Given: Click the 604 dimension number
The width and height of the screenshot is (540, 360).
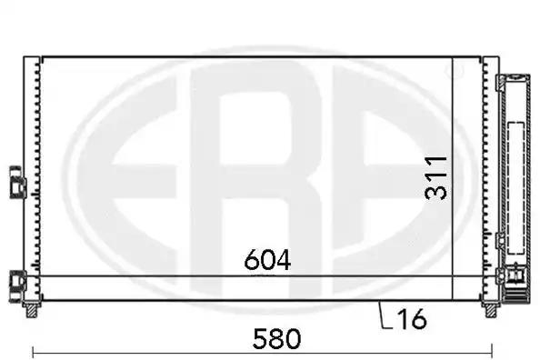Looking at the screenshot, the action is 267,260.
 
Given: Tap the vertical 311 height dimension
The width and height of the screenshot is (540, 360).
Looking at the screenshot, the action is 435,178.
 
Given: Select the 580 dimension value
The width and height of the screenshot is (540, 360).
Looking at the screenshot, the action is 277,339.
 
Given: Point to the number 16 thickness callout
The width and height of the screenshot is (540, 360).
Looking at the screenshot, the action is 412,319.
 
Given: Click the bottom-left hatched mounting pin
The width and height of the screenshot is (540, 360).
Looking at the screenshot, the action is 32,309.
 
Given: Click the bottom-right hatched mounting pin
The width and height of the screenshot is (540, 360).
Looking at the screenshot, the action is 491,309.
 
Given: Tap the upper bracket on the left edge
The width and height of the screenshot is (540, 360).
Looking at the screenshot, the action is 17,182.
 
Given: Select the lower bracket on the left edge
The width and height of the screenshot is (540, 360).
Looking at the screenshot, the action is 17,286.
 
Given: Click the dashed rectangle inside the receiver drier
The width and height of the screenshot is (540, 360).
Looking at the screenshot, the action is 515,188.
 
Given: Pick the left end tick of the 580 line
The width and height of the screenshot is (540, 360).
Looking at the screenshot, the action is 33,352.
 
